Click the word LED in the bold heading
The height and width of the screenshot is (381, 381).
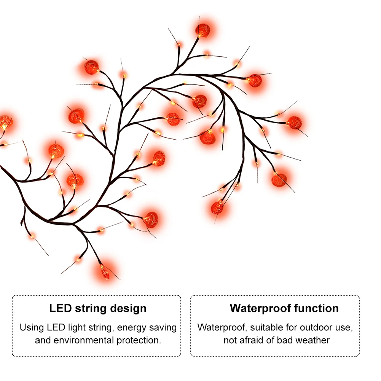point(60,308)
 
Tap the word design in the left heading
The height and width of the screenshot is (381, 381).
point(128,308)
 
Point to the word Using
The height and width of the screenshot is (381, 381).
point(32,327)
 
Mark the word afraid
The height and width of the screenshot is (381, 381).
point(253,340)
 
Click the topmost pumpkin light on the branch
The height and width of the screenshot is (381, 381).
point(203,30)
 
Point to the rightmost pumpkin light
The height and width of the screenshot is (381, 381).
point(295,123)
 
